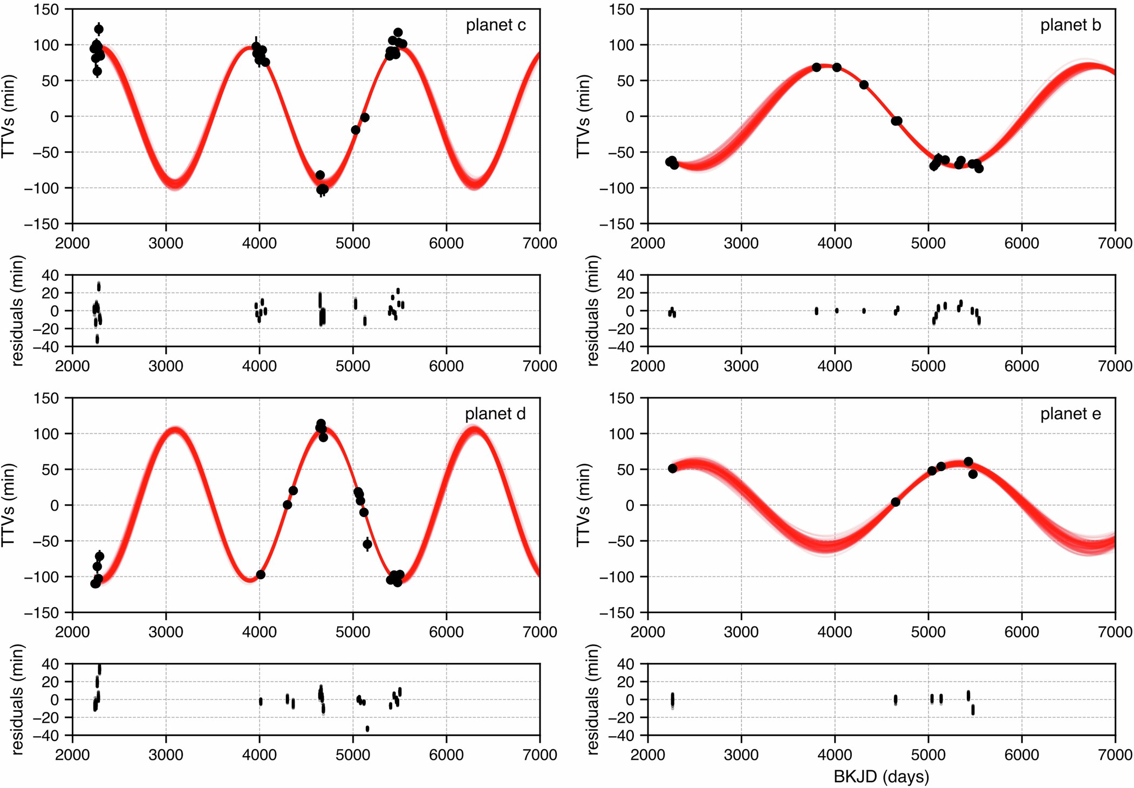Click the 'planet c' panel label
tap(495, 25)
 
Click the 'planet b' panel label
tap(1070, 25)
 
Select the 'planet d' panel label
tap(495, 414)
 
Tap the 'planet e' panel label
tap(1070, 414)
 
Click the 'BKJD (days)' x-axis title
tap(881, 777)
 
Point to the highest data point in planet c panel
tap(99, 29)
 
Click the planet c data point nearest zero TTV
tap(365, 117)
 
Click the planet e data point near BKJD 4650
tap(896, 502)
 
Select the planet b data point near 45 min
tap(864, 85)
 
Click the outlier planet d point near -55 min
tap(367, 544)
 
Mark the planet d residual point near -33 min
tap(367, 729)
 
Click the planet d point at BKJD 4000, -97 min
tap(261, 575)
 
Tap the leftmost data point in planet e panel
tap(673, 468)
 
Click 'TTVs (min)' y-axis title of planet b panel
tap(583, 116)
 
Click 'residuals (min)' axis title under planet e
tap(592, 699)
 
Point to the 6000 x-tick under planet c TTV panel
tap(446, 243)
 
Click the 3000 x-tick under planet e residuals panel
tap(741, 755)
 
